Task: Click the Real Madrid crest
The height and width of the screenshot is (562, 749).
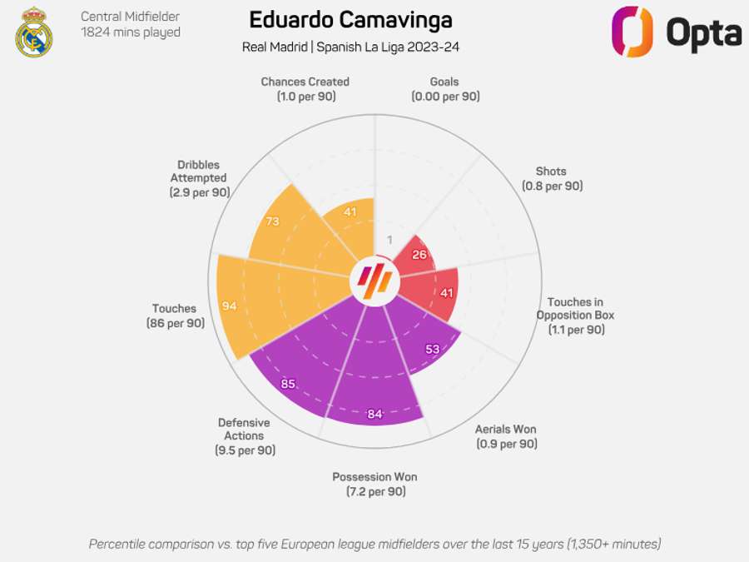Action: (34, 32)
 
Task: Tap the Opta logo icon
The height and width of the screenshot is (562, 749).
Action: (632, 32)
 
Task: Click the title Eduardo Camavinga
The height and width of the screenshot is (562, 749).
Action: (350, 20)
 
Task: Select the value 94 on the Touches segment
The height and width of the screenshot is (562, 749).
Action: (230, 306)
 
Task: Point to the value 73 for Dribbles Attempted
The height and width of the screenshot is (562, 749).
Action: (272, 222)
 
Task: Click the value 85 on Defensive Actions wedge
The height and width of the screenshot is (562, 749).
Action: (289, 384)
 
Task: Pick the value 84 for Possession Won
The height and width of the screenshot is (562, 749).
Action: (374, 414)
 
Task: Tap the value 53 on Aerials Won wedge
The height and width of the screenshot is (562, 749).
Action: (433, 350)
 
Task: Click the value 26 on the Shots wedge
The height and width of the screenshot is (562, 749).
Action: (419, 254)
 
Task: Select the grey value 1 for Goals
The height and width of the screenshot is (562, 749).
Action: (389, 241)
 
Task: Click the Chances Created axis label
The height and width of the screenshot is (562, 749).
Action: (305, 89)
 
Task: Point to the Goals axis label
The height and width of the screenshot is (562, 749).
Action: (444, 89)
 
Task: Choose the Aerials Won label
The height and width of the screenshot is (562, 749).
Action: (506, 436)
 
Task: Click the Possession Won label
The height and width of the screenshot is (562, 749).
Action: (374, 484)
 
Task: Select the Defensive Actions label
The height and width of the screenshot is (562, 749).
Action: (244, 435)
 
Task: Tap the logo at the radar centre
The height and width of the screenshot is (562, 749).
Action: (374, 283)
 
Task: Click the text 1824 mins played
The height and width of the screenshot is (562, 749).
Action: (131, 32)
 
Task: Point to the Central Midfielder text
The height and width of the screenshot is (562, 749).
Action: (130, 17)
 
